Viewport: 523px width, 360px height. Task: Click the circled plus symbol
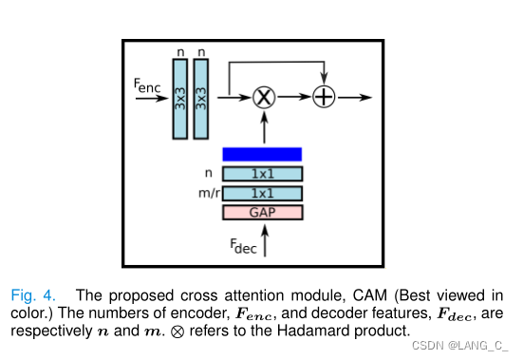pyautogui.click(x=325, y=97)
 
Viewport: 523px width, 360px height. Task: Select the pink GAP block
pyautogui.click(x=262, y=212)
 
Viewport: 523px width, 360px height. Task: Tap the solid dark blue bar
pyautogui.click(x=262, y=154)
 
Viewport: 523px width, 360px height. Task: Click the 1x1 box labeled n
pyautogui.click(x=262, y=174)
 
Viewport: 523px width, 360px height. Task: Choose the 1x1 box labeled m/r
pyautogui.click(x=262, y=193)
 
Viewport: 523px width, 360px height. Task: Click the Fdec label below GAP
pyautogui.click(x=243, y=245)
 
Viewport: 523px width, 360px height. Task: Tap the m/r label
pyautogui.click(x=203, y=194)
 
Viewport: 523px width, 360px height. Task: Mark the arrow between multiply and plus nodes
pyautogui.click(x=293, y=97)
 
